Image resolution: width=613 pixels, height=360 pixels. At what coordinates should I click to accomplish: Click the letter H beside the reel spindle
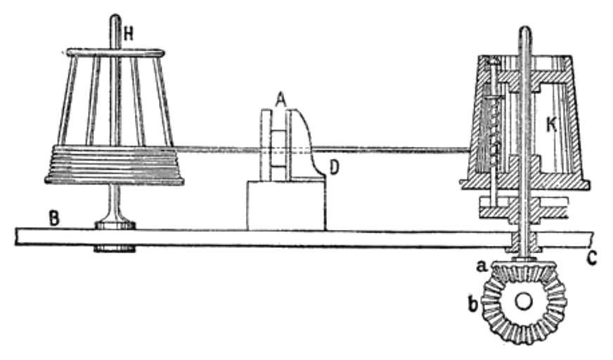pos(129,32)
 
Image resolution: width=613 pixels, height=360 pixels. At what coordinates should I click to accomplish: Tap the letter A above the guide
pos(280,101)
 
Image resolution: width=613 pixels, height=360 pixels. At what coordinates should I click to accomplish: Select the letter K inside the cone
pos(553,125)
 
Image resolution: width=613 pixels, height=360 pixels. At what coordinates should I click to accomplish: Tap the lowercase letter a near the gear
pos(481,266)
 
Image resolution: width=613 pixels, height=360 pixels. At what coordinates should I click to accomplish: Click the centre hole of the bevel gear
pos(522,301)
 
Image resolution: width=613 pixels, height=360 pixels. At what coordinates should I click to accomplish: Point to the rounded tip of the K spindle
pos(524,31)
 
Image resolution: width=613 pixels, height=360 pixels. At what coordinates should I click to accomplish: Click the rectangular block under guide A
pos(285,205)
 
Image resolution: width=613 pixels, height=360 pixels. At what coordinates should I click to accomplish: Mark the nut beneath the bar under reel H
pos(115,248)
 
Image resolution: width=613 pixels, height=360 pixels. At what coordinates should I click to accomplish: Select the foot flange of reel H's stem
pos(115,224)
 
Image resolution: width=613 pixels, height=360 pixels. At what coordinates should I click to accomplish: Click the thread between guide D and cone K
pos(394,149)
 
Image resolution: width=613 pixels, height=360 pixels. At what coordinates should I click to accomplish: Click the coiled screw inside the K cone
pos(495,134)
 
